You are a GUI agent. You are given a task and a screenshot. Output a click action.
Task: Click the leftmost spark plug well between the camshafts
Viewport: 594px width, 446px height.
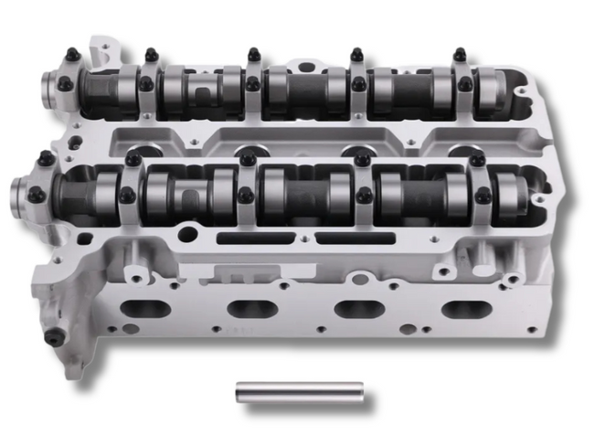[142, 146]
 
